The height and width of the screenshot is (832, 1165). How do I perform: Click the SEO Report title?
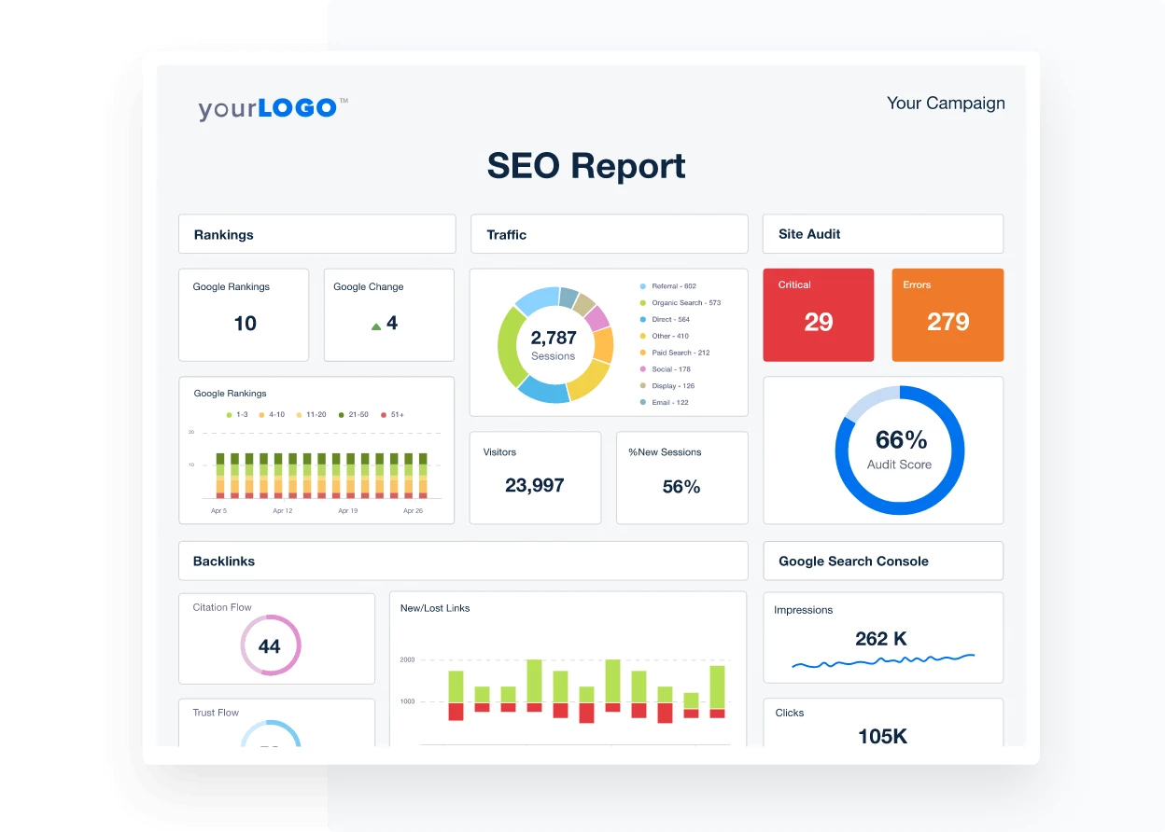tap(586, 166)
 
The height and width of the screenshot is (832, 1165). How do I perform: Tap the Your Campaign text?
tap(945, 104)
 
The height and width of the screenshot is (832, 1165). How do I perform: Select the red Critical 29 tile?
tap(818, 315)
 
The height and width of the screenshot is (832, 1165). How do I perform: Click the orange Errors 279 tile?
tap(947, 315)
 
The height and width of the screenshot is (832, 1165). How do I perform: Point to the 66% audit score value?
tap(901, 440)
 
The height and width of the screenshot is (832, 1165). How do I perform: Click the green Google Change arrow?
tap(376, 326)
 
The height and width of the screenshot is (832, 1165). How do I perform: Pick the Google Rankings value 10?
tap(245, 324)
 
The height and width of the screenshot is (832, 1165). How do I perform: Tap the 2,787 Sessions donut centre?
tap(554, 344)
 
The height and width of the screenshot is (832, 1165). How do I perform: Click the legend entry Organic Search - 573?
tap(685, 303)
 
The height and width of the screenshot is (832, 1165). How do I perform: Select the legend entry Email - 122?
tap(669, 403)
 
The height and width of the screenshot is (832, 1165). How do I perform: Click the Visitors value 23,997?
tap(534, 485)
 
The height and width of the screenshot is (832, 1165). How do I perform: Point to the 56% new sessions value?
tap(681, 486)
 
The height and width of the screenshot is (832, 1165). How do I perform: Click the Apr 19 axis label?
tap(348, 511)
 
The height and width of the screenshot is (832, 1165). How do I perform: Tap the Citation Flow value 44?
tap(270, 646)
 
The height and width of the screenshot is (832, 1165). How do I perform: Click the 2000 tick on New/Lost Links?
tap(407, 659)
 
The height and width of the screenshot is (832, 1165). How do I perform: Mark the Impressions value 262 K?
tap(880, 639)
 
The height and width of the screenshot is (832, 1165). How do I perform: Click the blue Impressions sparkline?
tap(882, 661)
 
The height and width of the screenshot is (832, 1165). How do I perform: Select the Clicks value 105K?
tap(882, 736)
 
